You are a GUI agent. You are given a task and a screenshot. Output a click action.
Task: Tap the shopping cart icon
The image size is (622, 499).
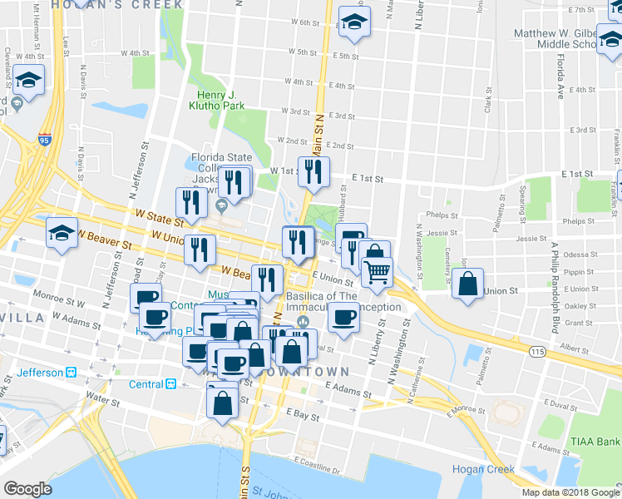(x=378, y=272)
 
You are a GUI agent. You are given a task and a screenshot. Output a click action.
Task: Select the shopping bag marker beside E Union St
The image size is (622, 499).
(x=469, y=283)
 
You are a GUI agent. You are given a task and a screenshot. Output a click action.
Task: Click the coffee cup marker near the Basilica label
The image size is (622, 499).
(x=343, y=316)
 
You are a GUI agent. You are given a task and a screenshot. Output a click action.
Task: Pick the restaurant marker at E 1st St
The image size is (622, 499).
(x=313, y=171)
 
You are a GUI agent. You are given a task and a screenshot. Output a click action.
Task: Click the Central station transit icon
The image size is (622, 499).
(x=170, y=385)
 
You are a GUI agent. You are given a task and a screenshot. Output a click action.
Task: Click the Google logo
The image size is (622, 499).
(x=27, y=489)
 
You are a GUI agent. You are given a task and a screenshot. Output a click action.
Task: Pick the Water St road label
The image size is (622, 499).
(x=102, y=400)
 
